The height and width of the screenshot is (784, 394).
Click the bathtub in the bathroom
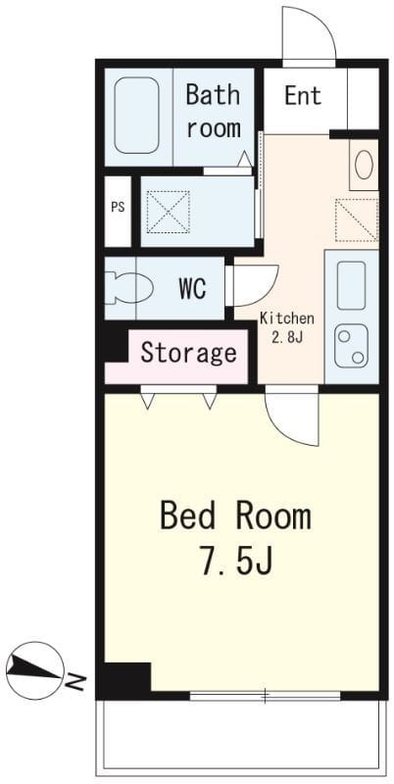point(136,115)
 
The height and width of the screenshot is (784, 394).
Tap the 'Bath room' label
point(213,112)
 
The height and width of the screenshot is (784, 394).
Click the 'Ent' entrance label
point(303,95)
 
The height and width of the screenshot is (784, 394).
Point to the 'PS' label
point(118,207)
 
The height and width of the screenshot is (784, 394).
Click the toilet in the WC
point(128,288)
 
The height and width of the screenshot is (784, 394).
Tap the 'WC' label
point(192,288)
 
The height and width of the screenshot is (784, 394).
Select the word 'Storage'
point(188,353)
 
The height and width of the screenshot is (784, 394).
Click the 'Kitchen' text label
point(287,318)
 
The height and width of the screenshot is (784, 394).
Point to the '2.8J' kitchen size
point(287,337)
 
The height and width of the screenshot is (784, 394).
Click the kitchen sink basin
point(351,285)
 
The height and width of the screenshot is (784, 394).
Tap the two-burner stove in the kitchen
point(351,345)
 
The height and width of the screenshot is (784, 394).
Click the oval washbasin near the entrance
point(364,166)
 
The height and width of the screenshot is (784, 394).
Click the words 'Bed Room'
point(235,517)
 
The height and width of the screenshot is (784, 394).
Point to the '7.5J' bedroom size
point(236,560)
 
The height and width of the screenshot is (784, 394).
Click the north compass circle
point(35,670)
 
